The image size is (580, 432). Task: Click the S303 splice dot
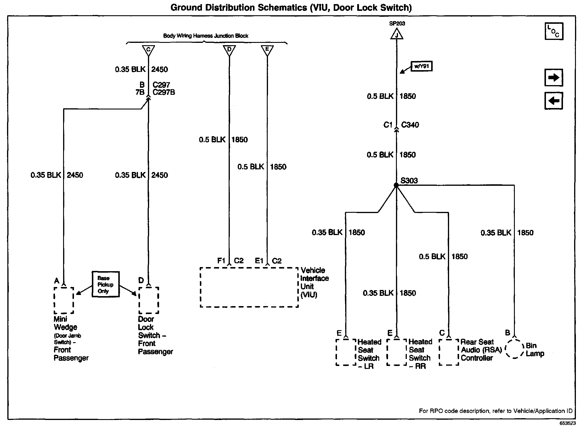pyautogui.click(x=396, y=185)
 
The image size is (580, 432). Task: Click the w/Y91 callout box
pyautogui.click(x=421, y=66)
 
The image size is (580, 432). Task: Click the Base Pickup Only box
pyautogui.click(x=105, y=284)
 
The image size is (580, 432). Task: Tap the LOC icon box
pyautogui.click(x=554, y=31)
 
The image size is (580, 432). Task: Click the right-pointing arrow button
pyautogui.click(x=554, y=78)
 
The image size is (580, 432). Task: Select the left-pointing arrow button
pyautogui.click(x=554, y=101)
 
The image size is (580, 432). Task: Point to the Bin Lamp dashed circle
pyautogui.click(x=514, y=349)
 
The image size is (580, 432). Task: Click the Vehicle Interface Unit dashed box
pyautogui.click(x=249, y=287)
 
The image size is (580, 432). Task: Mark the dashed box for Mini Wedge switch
pyautogui.click(x=64, y=301)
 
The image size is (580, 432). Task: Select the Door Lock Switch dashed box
pyautogui.click(x=149, y=301)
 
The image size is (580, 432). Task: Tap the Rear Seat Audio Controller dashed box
pyautogui.click(x=449, y=352)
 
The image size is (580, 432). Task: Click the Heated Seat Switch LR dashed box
pyautogui.click(x=346, y=352)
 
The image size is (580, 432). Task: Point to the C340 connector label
pyautogui.click(x=410, y=125)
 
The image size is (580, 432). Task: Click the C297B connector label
pyautogui.click(x=163, y=92)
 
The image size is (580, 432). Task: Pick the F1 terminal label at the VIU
pyautogui.click(x=221, y=261)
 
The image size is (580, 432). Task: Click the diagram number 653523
pyautogui.click(x=567, y=423)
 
